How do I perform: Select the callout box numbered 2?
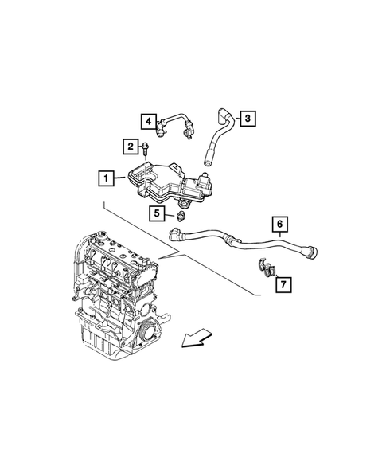click(128, 145)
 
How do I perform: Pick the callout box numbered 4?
click(147, 120)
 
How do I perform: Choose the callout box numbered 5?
click(158, 213)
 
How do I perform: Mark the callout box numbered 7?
click(283, 283)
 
